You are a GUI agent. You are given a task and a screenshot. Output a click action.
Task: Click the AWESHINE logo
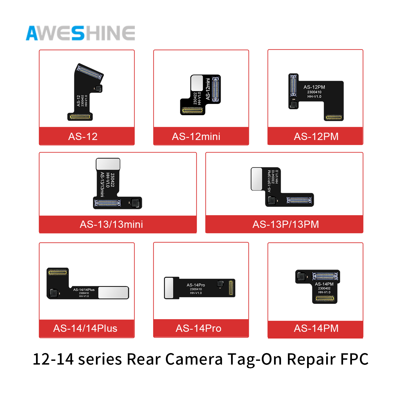[x=80, y=33]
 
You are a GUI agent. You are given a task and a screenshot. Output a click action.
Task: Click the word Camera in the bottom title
[x=194, y=359]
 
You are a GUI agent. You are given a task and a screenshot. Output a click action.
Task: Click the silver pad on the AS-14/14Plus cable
[x=113, y=293]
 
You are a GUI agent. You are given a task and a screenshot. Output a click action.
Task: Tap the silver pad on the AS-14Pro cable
[x=169, y=288]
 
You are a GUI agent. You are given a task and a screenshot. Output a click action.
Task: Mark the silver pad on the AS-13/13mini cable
[x=108, y=164]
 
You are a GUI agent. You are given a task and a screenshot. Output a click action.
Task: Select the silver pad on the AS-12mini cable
[x=197, y=83]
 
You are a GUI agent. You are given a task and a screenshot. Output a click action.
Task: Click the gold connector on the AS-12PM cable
[x=333, y=117]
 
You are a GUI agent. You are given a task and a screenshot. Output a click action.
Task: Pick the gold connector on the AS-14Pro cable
[x=231, y=288]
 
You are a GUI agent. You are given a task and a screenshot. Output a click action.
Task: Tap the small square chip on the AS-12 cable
[x=99, y=89]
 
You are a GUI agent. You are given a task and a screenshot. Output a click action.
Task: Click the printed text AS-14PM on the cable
[x=324, y=284]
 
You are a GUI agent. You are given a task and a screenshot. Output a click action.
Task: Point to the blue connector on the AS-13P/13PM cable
[x=299, y=200]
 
